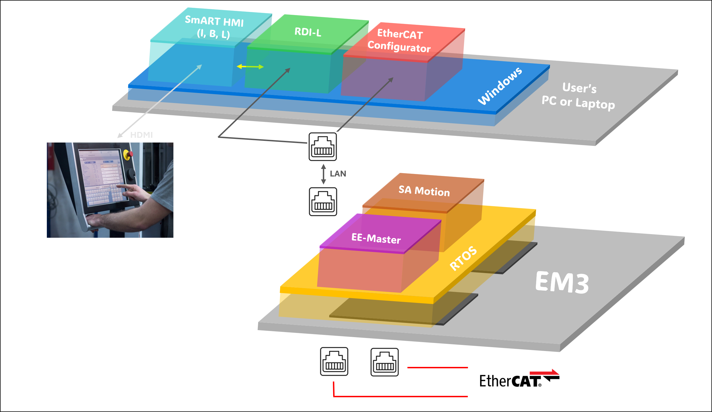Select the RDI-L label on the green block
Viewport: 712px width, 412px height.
(x=308, y=32)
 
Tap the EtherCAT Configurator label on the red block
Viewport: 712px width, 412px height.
(x=399, y=41)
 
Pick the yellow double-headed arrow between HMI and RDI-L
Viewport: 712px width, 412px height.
(x=250, y=67)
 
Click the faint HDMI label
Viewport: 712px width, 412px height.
(x=141, y=135)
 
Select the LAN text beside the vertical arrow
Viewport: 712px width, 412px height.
(x=338, y=173)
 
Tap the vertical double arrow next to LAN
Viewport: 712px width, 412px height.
(x=323, y=174)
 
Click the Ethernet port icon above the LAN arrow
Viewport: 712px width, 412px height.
(x=323, y=147)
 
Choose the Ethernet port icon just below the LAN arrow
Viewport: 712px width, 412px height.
(x=323, y=202)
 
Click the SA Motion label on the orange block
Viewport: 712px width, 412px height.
(x=424, y=191)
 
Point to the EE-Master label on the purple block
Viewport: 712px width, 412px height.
(x=376, y=239)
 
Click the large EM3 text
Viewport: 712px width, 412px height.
(x=562, y=283)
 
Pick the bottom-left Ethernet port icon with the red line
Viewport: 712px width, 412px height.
(x=334, y=362)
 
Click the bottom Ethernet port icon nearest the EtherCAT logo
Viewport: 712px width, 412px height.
(x=384, y=362)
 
